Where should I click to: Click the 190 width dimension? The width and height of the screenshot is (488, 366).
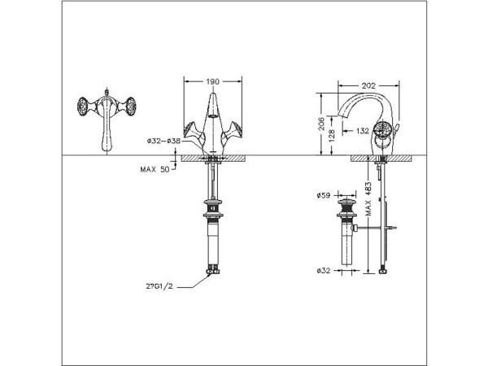213,82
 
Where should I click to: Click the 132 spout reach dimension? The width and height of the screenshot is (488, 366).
364,129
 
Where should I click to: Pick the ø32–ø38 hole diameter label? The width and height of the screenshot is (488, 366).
163,141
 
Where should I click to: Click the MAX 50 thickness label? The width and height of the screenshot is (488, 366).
153,168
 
